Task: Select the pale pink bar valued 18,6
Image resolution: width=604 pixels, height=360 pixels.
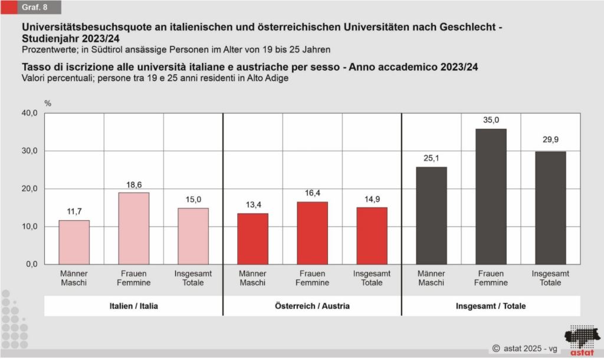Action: pos(133,228)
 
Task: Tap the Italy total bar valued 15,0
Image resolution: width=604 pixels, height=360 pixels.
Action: pos(193,235)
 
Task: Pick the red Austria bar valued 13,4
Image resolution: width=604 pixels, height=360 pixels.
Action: pos(252,238)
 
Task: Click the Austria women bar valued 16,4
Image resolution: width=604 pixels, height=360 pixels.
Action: pos(312,233)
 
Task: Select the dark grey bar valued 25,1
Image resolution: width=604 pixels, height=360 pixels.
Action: pos(431,215)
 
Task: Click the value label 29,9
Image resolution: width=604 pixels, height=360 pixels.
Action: pos(550,140)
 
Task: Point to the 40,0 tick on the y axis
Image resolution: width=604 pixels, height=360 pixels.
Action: pos(29,113)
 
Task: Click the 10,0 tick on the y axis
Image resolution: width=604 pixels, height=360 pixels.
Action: pos(29,227)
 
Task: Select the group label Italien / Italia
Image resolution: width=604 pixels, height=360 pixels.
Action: pos(133,306)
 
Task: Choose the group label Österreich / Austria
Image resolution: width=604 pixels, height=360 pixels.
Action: pos(312,306)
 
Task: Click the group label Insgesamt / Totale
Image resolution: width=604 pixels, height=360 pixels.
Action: pos(491,306)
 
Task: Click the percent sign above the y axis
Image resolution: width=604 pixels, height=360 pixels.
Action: pos(48,104)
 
